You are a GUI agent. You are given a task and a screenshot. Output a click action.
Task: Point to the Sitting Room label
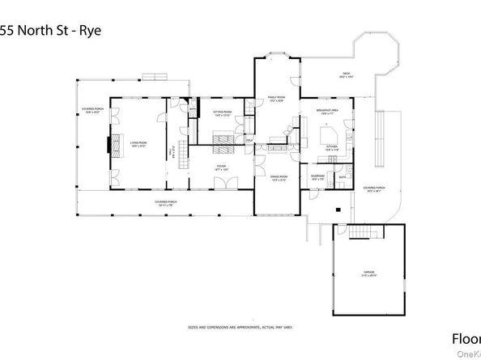[x=222, y=114]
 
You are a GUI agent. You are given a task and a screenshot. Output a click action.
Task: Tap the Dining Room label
[x=279, y=179]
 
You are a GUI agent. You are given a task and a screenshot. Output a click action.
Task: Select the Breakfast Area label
[x=329, y=112]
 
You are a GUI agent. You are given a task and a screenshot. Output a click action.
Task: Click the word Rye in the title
[x=92, y=32]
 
